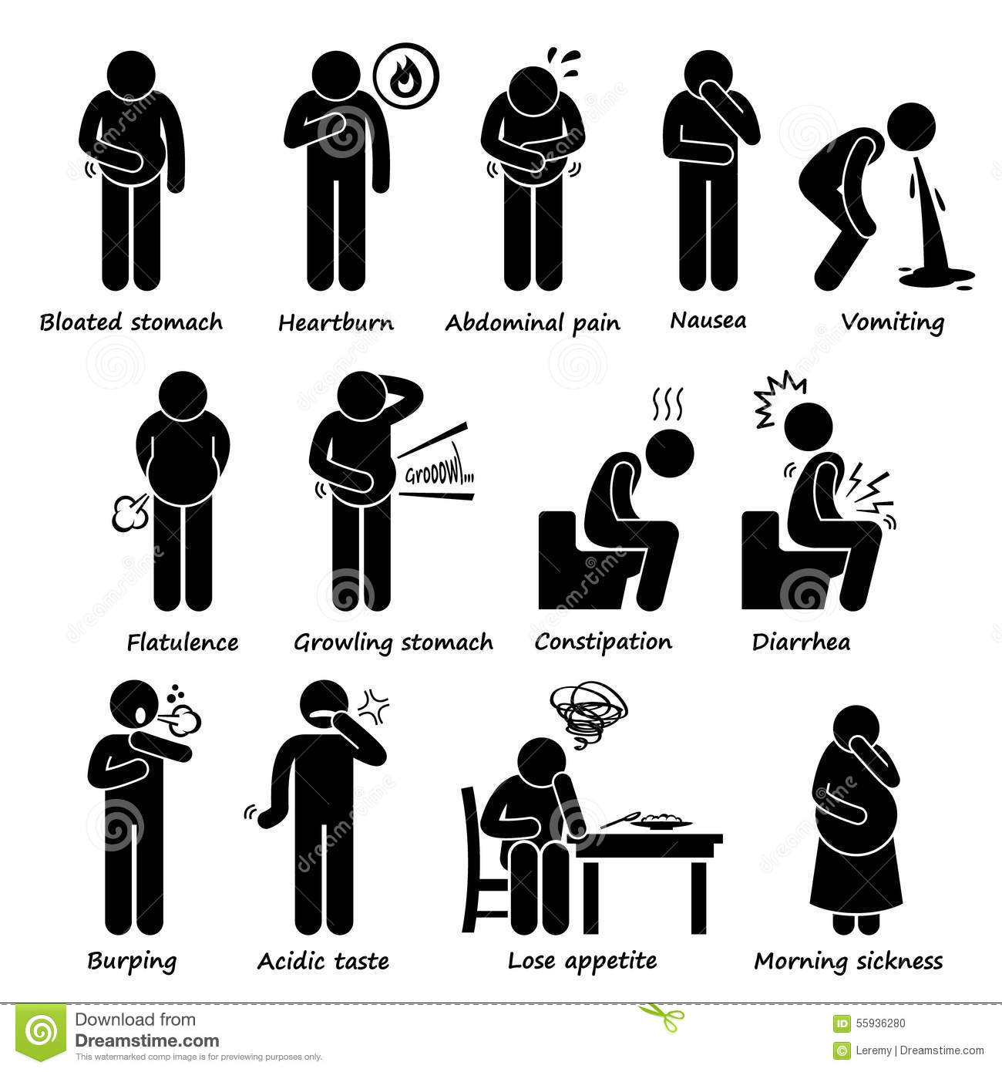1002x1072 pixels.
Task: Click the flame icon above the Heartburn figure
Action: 405,76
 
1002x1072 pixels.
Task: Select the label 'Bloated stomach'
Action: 131,322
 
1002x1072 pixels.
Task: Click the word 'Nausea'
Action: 708,321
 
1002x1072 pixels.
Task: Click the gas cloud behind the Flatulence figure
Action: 129,514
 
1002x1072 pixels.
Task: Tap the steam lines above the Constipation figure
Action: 668,404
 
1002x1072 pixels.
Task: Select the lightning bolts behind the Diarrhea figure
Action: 867,492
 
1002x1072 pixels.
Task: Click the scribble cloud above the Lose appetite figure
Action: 589,713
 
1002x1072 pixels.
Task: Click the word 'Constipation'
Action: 604,642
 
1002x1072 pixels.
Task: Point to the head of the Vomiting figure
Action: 911,127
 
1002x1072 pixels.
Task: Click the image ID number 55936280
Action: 880,1023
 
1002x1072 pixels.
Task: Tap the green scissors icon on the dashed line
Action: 661,1016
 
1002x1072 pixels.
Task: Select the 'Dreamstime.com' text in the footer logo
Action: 146,1040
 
